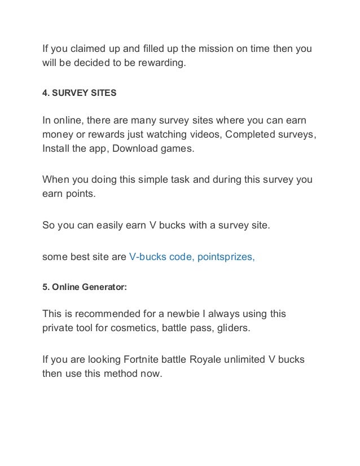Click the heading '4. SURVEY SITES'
[80, 92]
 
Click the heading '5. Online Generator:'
[85, 287]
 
